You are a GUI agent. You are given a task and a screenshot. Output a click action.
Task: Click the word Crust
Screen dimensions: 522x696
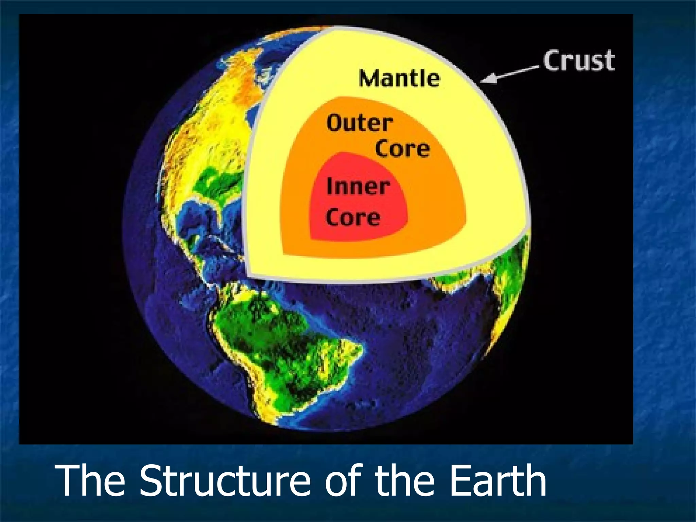tap(579, 61)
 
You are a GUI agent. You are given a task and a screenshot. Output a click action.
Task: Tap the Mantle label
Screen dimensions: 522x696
tap(399, 78)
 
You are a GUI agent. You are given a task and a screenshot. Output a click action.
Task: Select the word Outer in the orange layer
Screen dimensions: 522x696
tap(360, 123)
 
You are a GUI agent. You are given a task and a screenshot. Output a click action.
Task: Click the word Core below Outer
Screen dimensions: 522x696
tap(402, 149)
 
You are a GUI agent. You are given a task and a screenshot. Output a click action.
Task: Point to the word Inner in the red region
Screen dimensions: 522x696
tap(358, 187)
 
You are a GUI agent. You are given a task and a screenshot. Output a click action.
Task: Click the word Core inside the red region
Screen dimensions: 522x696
tap(353, 217)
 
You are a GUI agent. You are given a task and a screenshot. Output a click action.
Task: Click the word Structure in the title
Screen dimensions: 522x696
tap(224, 481)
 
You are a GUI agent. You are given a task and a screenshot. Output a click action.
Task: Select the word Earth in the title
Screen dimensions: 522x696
tap(498, 481)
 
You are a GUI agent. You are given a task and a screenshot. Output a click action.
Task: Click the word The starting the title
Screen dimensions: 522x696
tap(92, 481)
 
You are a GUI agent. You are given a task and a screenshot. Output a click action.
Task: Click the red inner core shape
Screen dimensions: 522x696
tap(360, 204)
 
